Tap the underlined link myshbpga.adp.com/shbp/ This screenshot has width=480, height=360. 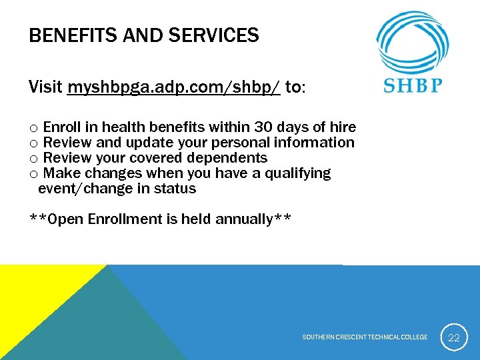click(174, 87)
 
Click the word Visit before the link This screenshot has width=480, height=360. click(46, 87)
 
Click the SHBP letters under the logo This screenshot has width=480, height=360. click(413, 86)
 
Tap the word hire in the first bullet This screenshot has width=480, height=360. click(343, 127)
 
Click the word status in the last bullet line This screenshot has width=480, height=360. click(175, 189)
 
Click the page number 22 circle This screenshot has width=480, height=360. click(454, 337)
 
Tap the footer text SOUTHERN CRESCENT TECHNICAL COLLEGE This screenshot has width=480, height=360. click(365, 337)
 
